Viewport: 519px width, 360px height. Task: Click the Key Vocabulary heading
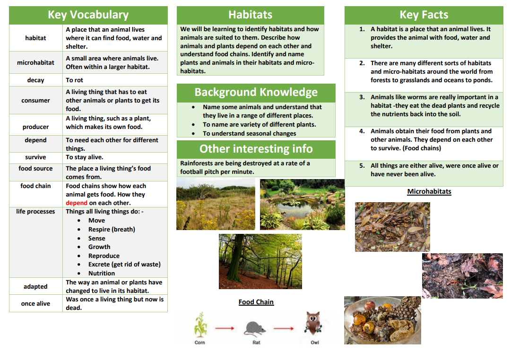click(x=88, y=15)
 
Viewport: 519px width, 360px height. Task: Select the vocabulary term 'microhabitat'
click(x=35, y=62)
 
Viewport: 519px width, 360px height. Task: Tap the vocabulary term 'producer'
click(x=35, y=127)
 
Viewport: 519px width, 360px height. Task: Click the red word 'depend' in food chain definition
click(x=77, y=203)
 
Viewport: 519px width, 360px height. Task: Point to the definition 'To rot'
click(x=75, y=80)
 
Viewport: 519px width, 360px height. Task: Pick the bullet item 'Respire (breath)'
click(x=112, y=229)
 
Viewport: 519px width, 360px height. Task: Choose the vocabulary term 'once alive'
click(x=35, y=303)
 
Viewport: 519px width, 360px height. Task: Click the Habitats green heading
click(x=250, y=15)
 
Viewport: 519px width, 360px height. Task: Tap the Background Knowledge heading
click(x=256, y=92)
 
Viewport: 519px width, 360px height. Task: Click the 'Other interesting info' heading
click(x=256, y=149)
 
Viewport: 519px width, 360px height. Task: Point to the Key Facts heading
click(x=424, y=15)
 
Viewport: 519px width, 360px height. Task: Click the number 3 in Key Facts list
click(x=362, y=97)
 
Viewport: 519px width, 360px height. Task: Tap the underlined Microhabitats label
click(x=429, y=191)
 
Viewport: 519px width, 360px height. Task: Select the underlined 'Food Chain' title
click(x=256, y=302)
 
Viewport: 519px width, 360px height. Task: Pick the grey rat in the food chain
click(x=256, y=327)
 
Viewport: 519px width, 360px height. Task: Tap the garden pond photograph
click(x=302, y=204)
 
